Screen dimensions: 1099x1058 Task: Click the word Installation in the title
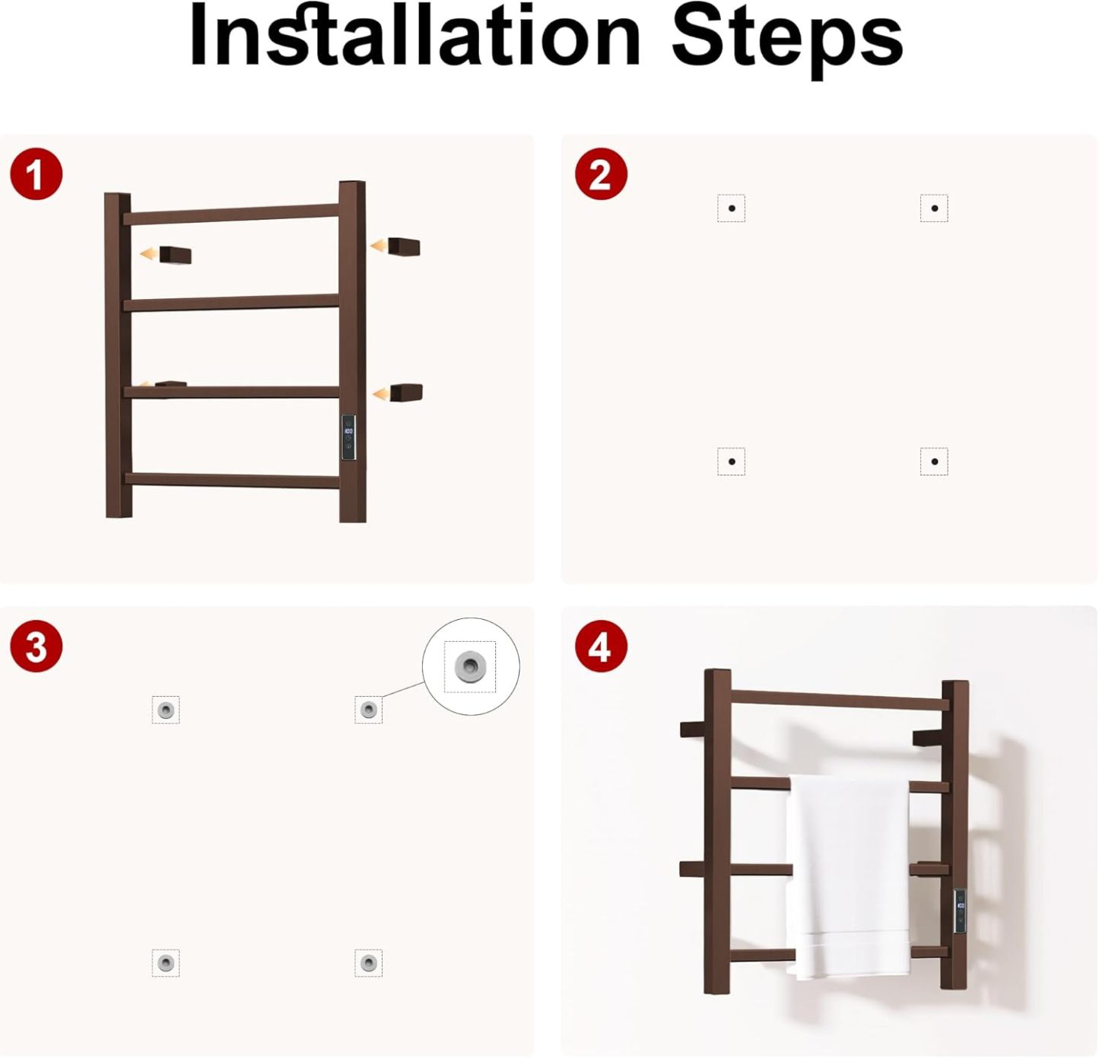coord(415,37)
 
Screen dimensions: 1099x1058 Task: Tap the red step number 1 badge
coord(37,174)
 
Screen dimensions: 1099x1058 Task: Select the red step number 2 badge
coord(601,174)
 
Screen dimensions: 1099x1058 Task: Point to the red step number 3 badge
coord(37,647)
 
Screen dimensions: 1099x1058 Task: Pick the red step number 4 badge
coord(601,647)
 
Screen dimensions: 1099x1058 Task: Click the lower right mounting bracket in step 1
coord(407,392)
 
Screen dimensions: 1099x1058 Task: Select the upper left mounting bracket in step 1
coord(175,255)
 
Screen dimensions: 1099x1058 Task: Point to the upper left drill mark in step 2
coord(732,208)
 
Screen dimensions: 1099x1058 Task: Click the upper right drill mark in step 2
coord(934,208)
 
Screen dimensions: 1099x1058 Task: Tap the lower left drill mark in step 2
coord(732,462)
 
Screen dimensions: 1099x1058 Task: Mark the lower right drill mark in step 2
coord(934,462)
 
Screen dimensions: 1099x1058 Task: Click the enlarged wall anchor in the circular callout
coord(469,666)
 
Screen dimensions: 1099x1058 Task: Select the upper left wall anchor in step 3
coord(166,710)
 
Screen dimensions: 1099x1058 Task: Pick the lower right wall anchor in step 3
coord(368,963)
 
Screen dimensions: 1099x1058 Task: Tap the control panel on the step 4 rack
coord(960,912)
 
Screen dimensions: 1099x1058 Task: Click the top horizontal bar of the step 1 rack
coord(231,214)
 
